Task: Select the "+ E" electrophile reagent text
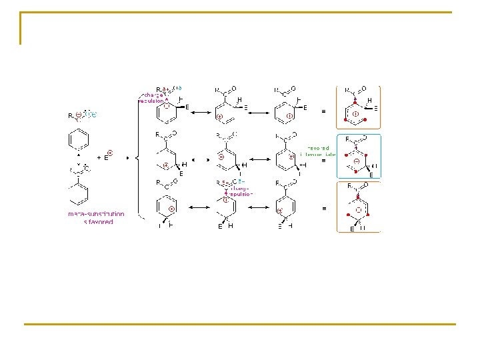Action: pyautogui.click(x=105, y=157)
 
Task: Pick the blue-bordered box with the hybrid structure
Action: pyautogui.click(x=359, y=157)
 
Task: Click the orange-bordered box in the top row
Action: pyautogui.click(x=359, y=107)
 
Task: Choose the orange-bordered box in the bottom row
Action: pyautogui.click(x=359, y=207)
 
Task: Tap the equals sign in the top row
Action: pyautogui.click(x=324, y=110)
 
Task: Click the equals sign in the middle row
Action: pyautogui.click(x=324, y=161)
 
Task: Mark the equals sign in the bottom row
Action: pyautogui.click(x=324, y=209)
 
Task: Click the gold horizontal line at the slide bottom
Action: pyautogui.click(x=240, y=324)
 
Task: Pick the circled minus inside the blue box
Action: pyautogui.click(x=357, y=162)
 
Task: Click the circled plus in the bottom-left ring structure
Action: pyautogui.click(x=171, y=209)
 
